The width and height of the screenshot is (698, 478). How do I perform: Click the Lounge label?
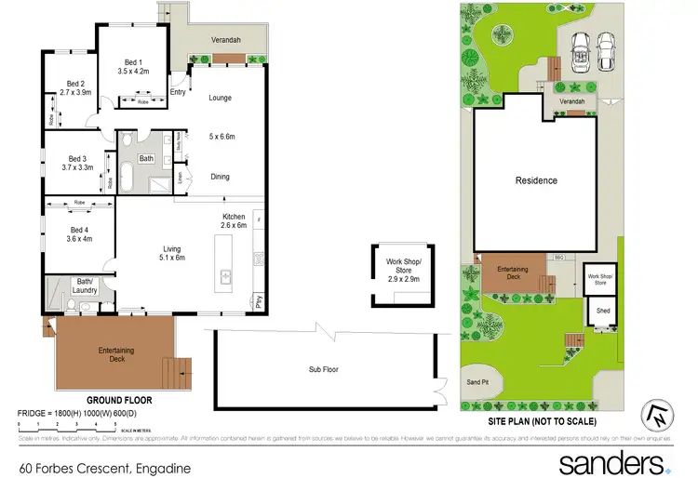[220, 98]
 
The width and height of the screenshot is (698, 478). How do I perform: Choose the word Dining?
[220, 177]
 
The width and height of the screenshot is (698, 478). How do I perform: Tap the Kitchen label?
[233, 216]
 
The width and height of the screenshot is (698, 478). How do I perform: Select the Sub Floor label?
[324, 369]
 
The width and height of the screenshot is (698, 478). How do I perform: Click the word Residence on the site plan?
[537, 180]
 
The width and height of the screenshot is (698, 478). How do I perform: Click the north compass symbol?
[660, 416]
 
